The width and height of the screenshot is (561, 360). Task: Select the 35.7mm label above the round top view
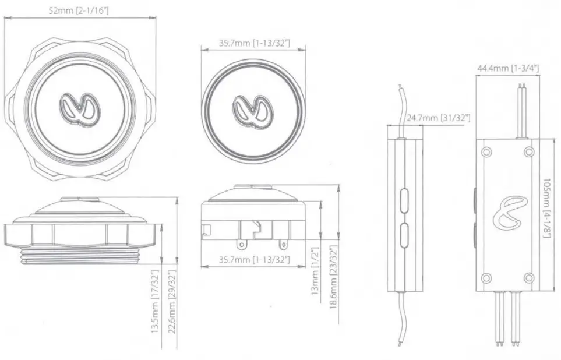[x=254, y=43]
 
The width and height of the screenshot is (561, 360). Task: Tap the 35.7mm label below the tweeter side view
[x=254, y=259]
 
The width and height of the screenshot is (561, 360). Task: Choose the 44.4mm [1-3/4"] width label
[x=507, y=68]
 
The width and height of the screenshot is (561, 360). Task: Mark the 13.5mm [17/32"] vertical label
[x=156, y=309]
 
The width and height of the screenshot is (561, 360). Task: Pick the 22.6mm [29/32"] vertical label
[x=171, y=309]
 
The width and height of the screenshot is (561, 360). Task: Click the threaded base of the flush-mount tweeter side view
[x=80, y=257]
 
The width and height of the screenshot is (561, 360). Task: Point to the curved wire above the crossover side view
[x=401, y=108]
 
